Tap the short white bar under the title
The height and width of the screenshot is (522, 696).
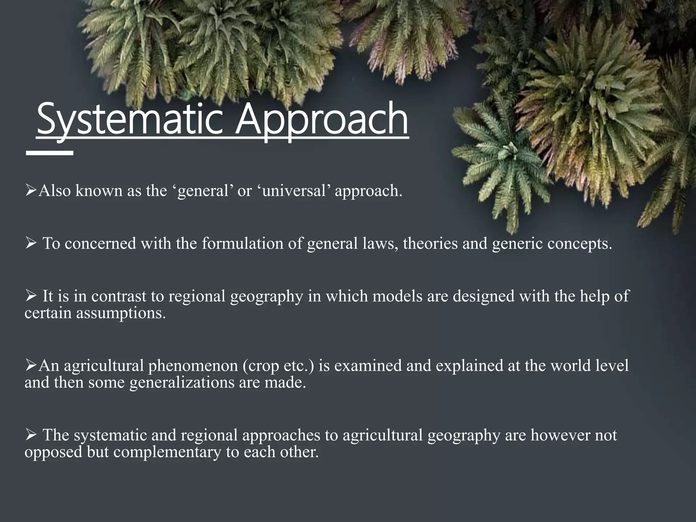click(x=50, y=153)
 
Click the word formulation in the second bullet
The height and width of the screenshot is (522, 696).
click(x=243, y=244)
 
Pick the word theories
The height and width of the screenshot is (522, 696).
click(x=430, y=244)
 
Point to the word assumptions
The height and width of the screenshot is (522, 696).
click(x=121, y=313)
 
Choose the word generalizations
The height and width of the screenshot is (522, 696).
click(x=182, y=383)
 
